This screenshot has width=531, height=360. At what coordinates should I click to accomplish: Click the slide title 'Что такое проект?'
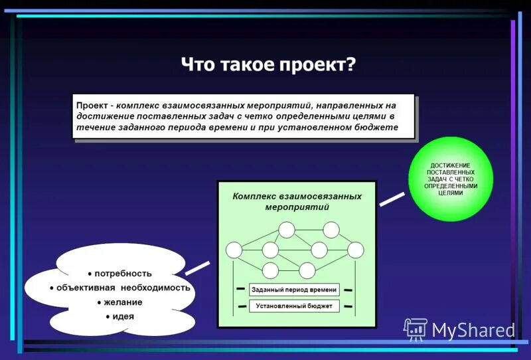[x=268, y=66]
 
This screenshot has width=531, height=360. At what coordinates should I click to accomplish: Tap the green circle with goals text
[x=451, y=179]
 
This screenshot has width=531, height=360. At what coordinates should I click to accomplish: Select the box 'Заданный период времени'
[x=294, y=290]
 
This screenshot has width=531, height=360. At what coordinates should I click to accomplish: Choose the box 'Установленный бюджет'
[x=294, y=306]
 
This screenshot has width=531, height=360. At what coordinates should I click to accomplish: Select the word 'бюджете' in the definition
[x=375, y=127]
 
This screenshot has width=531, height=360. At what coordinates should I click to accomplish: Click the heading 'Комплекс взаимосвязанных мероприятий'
[x=297, y=201]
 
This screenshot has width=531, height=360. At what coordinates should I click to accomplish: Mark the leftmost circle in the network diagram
[x=234, y=250]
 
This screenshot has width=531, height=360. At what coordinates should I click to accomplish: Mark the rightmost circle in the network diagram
[x=356, y=250]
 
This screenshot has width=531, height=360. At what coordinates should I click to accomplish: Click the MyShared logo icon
[x=416, y=328]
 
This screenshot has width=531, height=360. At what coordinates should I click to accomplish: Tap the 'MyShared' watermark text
[x=473, y=329]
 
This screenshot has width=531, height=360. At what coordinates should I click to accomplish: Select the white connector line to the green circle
[x=392, y=198]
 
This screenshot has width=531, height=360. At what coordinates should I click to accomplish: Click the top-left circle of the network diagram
[x=286, y=230]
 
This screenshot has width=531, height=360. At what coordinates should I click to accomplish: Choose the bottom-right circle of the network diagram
[x=307, y=270]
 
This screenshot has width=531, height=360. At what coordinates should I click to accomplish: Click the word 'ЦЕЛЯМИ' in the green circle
[x=451, y=193]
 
